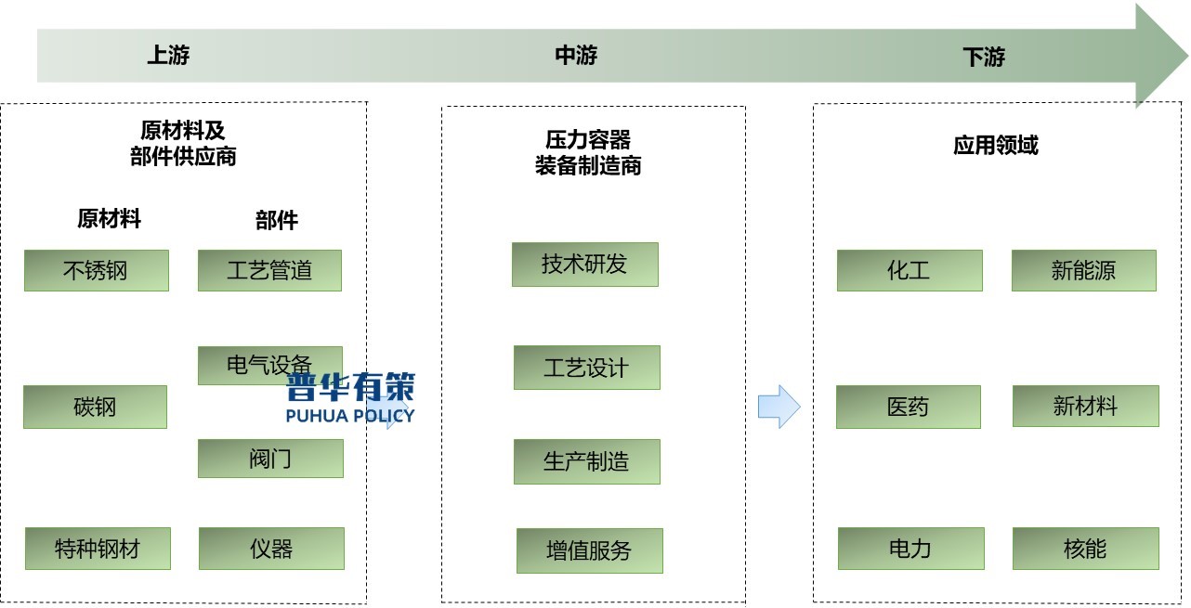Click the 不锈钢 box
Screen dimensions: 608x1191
click(x=97, y=270)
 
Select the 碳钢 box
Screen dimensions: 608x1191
click(x=95, y=407)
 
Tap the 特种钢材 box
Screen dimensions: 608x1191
click(x=98, y=548)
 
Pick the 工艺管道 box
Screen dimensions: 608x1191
click(x=269, y=270)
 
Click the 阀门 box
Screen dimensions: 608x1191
click(x=270, y=459)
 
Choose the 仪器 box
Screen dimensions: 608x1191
click(x=271, y=548)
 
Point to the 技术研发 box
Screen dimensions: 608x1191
click(x=584, y=264)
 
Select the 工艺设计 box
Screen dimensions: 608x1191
click(x=586, y=368)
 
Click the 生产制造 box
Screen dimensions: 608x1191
click(x=586, y=461)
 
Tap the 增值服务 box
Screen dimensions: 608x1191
click(x=589, y=550)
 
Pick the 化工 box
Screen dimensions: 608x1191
click(x=909, y=270)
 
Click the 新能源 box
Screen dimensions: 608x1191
click(x=1083, y=270)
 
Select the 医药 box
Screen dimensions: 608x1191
click(x=908, y=407)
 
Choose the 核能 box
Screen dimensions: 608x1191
click(x=1085, y=548)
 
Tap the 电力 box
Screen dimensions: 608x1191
click(x=910, y=548)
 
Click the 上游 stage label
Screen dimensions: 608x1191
click(x=168, y=55)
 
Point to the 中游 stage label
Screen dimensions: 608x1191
click(x=576, y=56)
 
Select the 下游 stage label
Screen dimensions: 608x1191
click(x=984, y=58)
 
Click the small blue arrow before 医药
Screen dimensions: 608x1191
click(x=779, y=407)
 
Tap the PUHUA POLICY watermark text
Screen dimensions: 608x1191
click(x=350, y=416)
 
